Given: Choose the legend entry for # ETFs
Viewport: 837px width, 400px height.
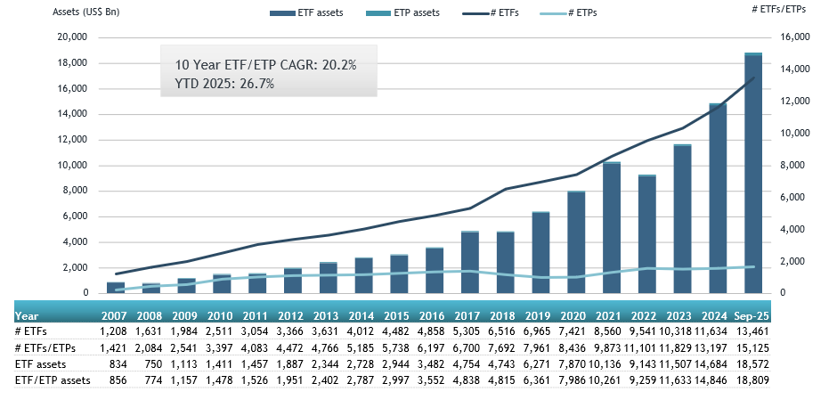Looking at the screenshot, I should point(493,13).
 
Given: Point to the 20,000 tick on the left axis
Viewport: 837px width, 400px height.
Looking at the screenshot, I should point(72,37).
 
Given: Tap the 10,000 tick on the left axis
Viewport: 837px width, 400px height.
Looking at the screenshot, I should point(72,166).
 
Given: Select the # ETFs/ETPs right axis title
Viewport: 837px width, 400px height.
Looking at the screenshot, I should point(787,9).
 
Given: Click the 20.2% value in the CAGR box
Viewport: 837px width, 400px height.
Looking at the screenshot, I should point(337,65).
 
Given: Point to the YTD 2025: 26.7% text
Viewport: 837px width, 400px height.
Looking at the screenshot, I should point(224,84).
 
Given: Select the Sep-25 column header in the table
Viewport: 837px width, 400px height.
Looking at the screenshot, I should point(752,315).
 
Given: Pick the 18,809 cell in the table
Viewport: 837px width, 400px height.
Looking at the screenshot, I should point(752,380).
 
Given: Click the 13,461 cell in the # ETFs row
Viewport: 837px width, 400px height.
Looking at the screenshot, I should point(752,331).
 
